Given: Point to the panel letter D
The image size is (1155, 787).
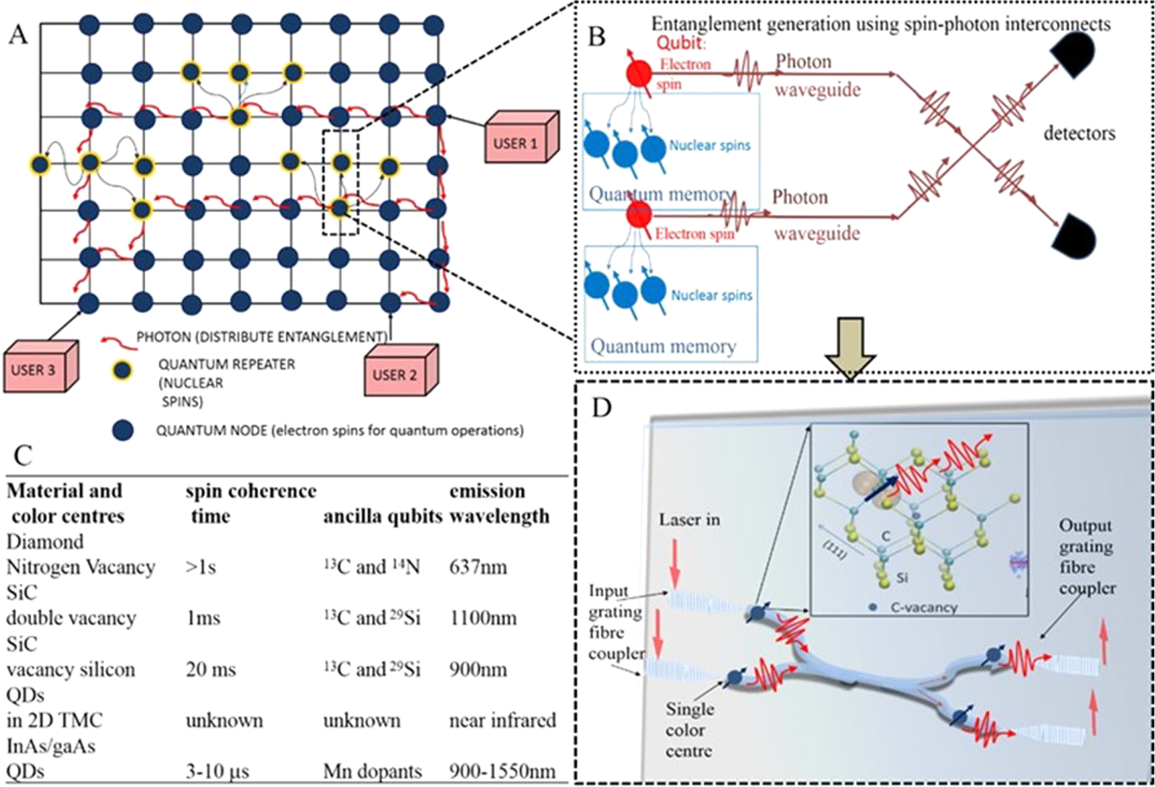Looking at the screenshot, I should click(601, 407).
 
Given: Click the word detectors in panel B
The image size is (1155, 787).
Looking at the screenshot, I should click(1078, 134).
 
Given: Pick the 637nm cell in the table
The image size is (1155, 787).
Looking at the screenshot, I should click(477, 568).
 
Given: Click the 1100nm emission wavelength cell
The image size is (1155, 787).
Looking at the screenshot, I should click(483, 618).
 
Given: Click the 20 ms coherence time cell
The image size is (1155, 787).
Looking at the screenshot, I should click(210, 670).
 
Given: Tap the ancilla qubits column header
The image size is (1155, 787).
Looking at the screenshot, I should click(382, 517).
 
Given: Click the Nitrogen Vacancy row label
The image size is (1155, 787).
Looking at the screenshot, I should click(81, 568).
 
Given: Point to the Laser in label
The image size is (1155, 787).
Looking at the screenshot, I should click(689, 520).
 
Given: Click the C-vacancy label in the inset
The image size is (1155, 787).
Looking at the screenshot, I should click(923, 607).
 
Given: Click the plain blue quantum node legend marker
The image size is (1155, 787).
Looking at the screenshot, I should click(122, 431).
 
